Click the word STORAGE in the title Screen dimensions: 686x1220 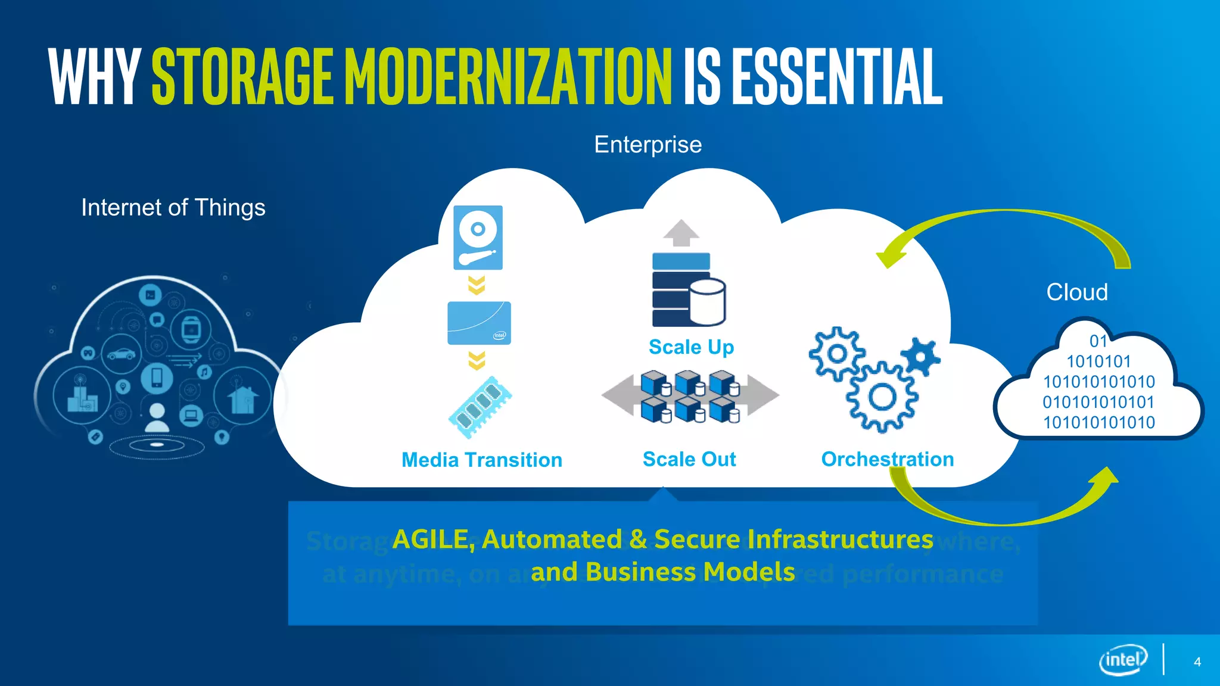[x=242, y=77]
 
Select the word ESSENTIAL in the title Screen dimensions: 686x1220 [x=836, y=77]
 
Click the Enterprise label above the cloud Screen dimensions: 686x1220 [x=648, y=145]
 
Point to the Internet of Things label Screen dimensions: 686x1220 [x=173, y=208]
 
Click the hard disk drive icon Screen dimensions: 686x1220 [x=478, y=238]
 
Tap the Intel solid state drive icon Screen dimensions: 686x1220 [x=479, y=323]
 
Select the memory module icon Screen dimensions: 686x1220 [x=480, y=407]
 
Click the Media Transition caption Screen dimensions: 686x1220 [x=481, y=460]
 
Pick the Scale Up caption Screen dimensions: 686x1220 [x=691, y=347]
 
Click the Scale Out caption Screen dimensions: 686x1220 [x=689, y=459]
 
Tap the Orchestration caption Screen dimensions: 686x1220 [x=887, y=459]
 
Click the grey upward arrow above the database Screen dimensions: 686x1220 [x=681, y=233]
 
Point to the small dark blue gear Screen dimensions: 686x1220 [x=920, y=357]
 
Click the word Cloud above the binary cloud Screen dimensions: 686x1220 [x=1077, y=292]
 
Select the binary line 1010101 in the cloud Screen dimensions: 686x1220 [x=1098, y=361]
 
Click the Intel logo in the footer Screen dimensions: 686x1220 [x=1123, y=660]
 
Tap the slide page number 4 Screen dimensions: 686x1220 [x=1197, y=662]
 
